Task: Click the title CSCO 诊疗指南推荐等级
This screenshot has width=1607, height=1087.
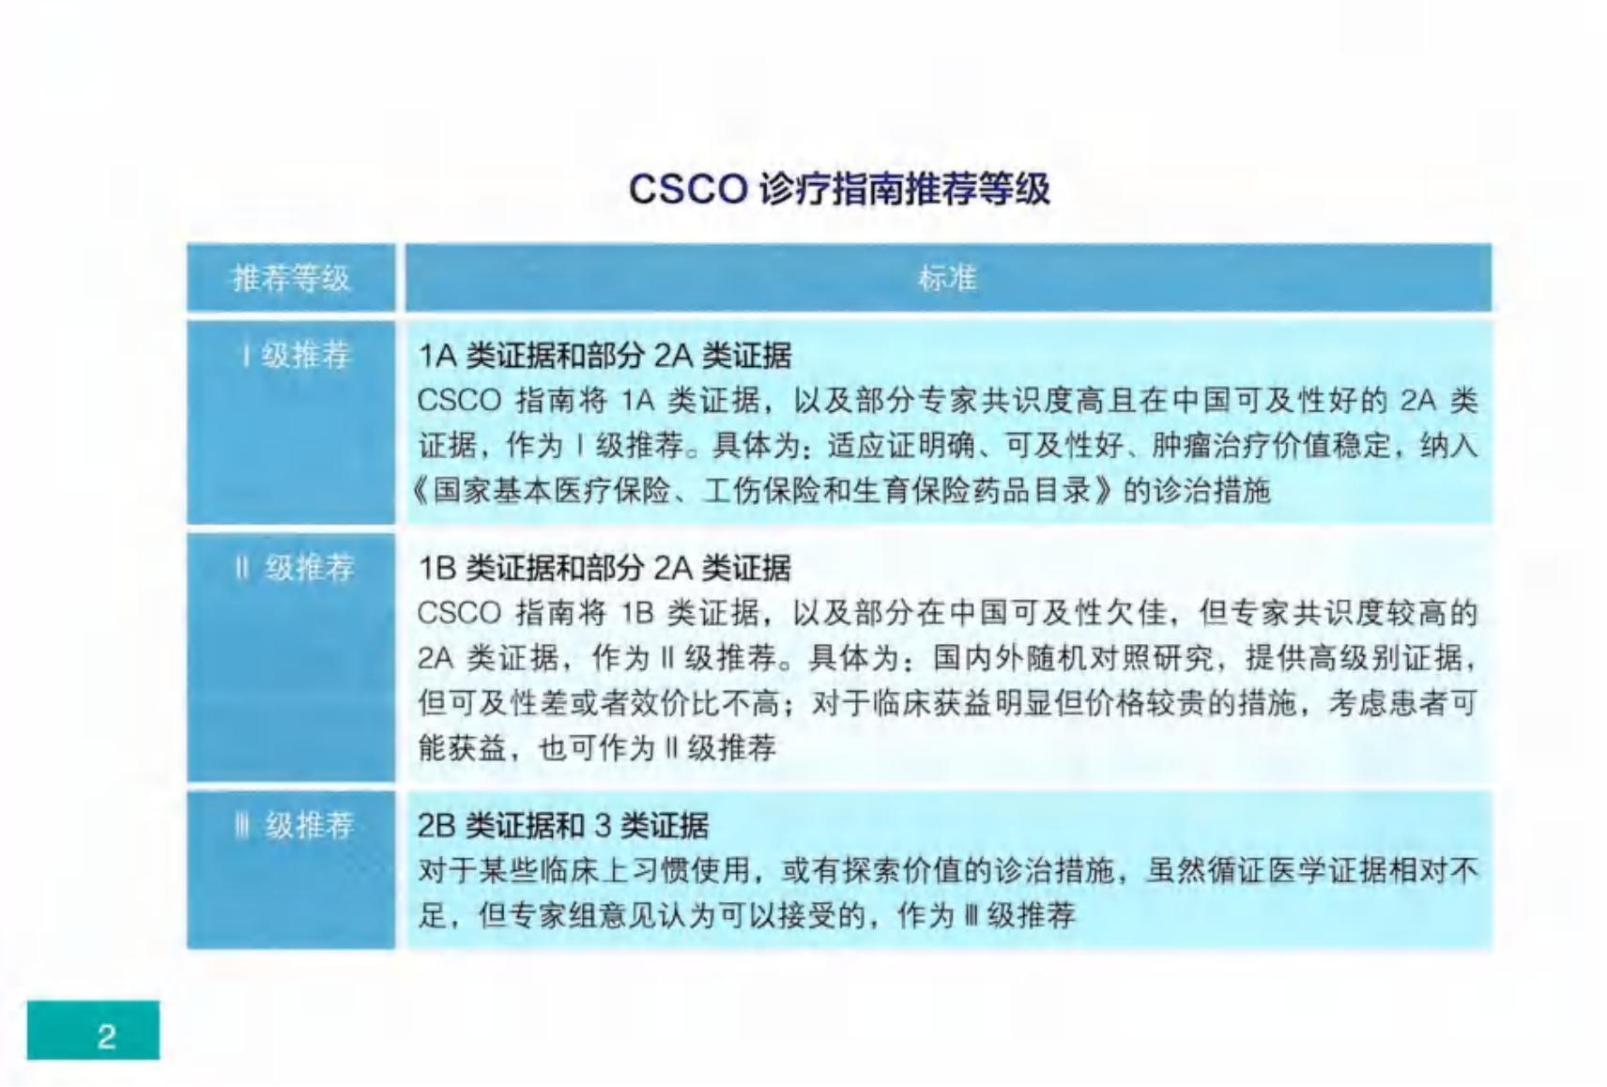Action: [839, 190]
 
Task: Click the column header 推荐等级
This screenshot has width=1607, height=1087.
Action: [291, 279]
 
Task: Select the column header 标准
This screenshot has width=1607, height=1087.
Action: [947, 278]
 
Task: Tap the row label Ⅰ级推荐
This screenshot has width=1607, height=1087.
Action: [297, 355]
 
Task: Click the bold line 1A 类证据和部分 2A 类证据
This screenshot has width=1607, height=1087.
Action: [605, 356]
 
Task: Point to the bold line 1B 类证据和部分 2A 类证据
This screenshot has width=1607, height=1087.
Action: [605, 569]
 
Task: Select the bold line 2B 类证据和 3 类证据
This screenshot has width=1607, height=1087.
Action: [563, 827]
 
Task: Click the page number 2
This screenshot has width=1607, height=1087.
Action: [106, 1036]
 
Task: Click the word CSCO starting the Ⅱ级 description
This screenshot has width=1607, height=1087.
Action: [459, 614]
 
